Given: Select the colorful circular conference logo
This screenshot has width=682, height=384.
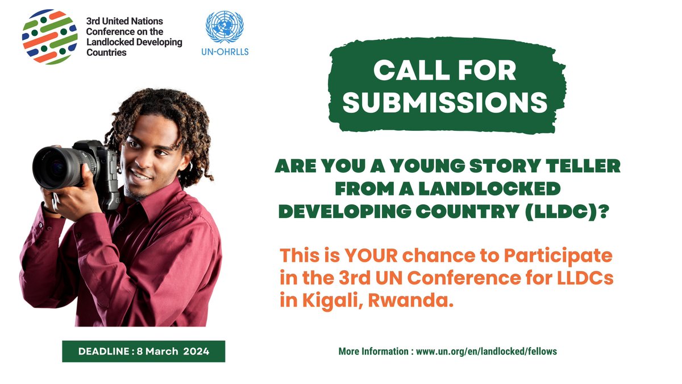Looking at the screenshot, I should pos(49,37).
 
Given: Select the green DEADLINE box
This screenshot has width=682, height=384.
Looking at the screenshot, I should pos(144,351).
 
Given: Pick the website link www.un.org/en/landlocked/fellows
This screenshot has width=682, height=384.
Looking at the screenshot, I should pos(486,351).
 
